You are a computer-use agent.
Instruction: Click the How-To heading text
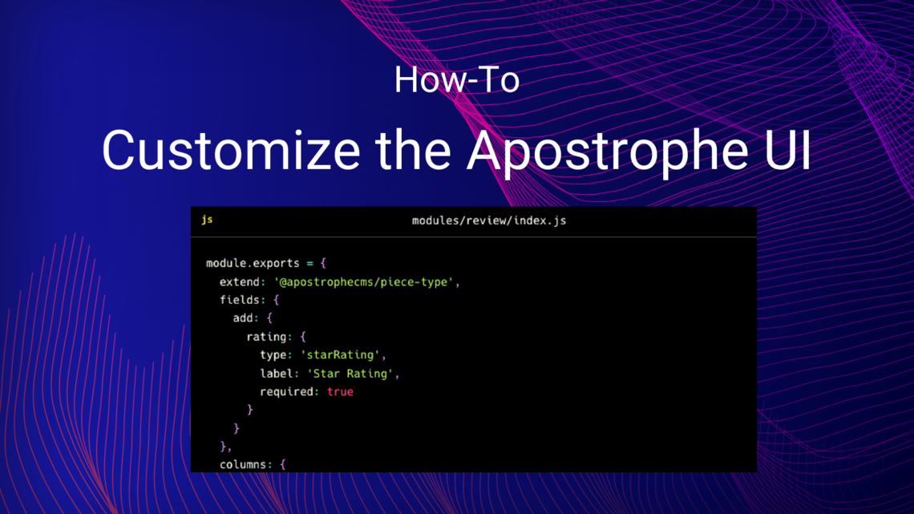coord(456,80)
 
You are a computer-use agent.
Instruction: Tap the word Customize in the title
coord(230,150)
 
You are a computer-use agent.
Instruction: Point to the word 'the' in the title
coord(415,150)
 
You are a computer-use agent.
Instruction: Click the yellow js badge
coord(207,220)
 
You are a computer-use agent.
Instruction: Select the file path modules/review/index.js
coord(488,221)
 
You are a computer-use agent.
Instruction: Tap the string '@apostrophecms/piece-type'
coord(365,282)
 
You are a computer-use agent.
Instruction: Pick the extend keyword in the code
coord(240,282)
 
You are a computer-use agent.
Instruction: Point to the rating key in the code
coord(266,337)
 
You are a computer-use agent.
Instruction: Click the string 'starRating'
coord(343,355)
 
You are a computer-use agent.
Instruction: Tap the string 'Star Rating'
coord(350,374)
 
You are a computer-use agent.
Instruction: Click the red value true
coord(340,392)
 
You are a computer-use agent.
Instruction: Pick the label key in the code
coord(276,374)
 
